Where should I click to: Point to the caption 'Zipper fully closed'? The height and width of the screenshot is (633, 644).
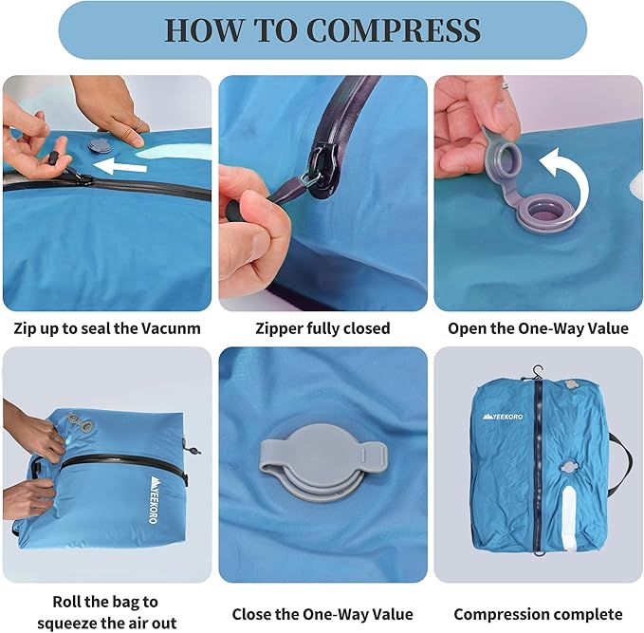click(322, 328)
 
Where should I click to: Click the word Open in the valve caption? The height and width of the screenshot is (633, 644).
click(470, 328)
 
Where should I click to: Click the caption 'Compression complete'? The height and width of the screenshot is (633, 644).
click(538, 614)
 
